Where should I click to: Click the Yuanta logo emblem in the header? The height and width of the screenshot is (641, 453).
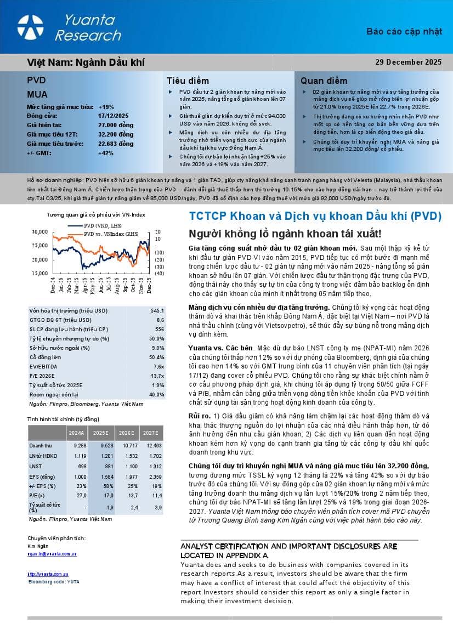(x=30, y=27)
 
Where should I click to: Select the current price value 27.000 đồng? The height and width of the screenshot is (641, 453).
(x=116, y=125)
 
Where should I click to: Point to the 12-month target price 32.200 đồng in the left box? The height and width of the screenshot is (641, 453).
(x=116, y=134)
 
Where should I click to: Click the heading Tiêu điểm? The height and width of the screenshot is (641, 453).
(x=187, y=81)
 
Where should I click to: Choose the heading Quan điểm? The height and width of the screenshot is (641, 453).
(x=324, y=81)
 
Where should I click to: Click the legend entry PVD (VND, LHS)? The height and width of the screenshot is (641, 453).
(x=104, y=225)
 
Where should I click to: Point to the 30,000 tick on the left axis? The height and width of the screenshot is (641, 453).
(x=41, y=231)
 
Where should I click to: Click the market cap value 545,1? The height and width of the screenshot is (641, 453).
(x=157, y=310)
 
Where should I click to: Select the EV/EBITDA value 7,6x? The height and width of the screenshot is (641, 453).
(x=158, y=366)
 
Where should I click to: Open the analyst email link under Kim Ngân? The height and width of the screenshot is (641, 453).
(x=52, y=554)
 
